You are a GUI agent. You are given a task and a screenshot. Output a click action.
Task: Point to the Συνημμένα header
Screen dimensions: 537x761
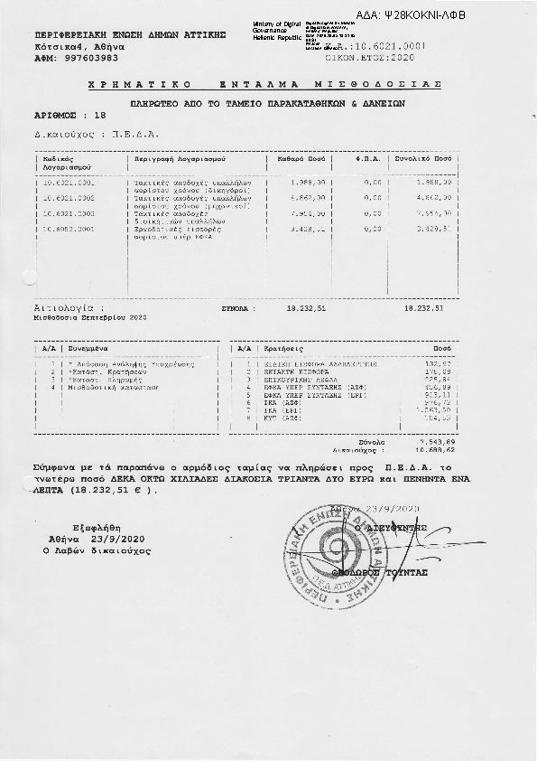pyautogui.click(x=87, y=347)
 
